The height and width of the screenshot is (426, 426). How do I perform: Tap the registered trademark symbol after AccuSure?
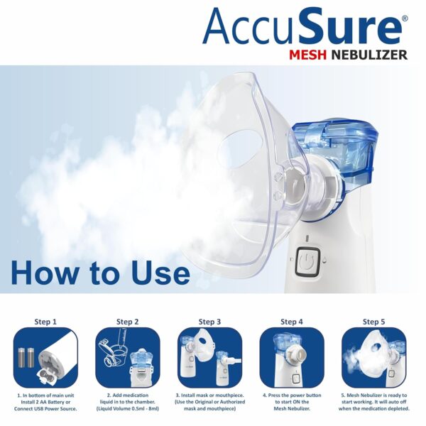point(405,19)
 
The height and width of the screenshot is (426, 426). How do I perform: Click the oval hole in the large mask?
point(234,146)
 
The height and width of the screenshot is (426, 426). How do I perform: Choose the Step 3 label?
point(209,322)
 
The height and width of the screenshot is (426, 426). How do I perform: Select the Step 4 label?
point(291,322)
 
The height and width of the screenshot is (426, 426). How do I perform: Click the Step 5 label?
point(373,322)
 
